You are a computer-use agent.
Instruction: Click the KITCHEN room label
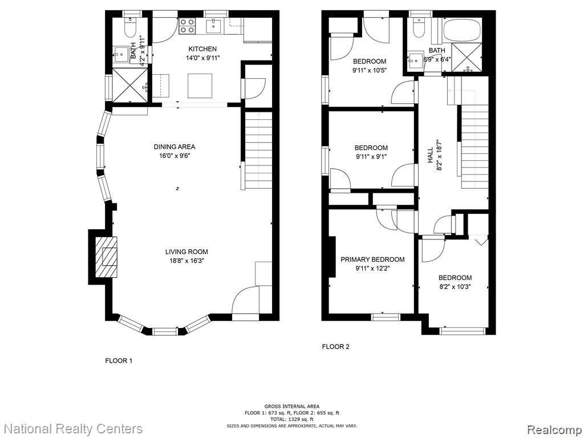pyautogui.click(x=202, y=49)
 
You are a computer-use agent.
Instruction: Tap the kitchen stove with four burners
pyautogui.click(x=187, y=26)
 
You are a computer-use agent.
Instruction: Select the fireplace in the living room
pyautogui.click(x=106, y=257)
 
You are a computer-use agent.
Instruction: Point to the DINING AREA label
pyautogui.click(x=175, y=147)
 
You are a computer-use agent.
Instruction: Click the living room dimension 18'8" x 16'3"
pyautogui.click(x=186, y=261)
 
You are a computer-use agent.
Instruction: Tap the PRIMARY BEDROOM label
pyautogui.click(x=372, y=259)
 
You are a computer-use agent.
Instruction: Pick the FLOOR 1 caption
pyautogui.click(x=119, y=360)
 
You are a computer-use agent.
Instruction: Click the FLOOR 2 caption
pyautogui.click(x=335, y=347)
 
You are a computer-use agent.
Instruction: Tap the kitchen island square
pyautogui.click(x=200, y=86)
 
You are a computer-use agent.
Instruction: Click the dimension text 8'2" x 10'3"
pyautogui.click(x=455, y=287)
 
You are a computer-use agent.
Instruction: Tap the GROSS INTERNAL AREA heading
pyautogui.click(x=291, y=406)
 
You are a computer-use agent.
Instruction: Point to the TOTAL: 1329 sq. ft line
pyautogui.click(x=291, y=419)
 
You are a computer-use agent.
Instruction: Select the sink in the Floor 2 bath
pyautogui.click(x=416, y=60)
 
